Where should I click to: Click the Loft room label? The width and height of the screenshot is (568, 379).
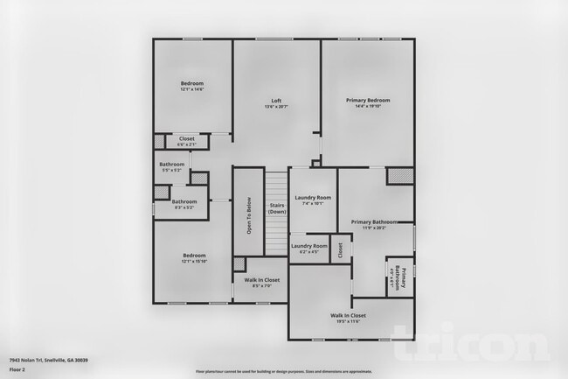tap(276, 102)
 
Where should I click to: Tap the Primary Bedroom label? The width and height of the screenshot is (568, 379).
tap(367, 103)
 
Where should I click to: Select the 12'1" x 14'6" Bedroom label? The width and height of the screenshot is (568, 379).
tap(192, 86)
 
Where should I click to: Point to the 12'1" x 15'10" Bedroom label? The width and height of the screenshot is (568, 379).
tap(194, 257)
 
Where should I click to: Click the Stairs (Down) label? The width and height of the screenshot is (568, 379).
tap(277, 208)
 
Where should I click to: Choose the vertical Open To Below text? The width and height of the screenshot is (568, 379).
tap(249, 216)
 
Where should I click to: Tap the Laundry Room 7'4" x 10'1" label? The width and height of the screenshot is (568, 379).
tap(312, 201)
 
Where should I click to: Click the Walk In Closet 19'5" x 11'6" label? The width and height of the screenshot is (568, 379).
tap(348, 318)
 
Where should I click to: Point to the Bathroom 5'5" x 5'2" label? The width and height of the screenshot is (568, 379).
tap(172, 167)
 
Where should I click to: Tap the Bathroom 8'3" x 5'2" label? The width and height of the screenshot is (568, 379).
tap(184, 205)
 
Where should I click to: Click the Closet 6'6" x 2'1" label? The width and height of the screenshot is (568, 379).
tap(186, 141)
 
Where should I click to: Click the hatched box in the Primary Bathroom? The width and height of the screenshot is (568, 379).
tap(400, 176)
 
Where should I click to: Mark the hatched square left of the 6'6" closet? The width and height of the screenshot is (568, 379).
tap(159, 140)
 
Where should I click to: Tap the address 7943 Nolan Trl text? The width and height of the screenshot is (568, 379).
tap(48, 360)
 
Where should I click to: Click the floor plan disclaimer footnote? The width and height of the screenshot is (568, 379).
tap(283, 371)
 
